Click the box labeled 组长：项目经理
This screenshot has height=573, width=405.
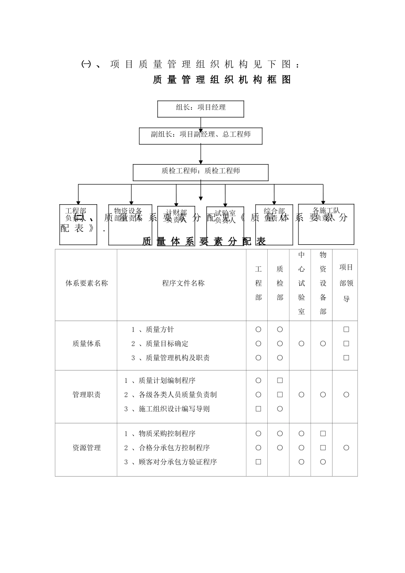click(200, 108)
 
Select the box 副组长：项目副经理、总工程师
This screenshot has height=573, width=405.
click(200, 136)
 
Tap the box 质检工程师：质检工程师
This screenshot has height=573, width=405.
click(200, 172)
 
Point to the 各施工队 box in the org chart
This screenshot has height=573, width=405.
click(326, 224)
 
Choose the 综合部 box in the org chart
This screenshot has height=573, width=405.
click(274, 225)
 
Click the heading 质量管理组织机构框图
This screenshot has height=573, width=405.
click(222, 80)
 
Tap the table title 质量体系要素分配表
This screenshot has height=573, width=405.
click(204, 242)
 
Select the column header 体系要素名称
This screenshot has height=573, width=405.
click(87, 284)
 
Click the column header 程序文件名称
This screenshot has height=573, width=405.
click(183, 284)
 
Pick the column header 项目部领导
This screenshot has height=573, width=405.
click(346, 283)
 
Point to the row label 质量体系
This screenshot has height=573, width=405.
click(87, 344)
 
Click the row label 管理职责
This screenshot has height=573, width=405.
click(87, 395)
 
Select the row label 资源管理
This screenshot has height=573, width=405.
click(87, 448)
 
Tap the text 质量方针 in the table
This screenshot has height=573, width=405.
click(159, 330)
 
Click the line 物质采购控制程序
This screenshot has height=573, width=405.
click(167, 434)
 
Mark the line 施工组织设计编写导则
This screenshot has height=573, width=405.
click(174, 409)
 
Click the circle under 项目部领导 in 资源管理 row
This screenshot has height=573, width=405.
click(346, 448)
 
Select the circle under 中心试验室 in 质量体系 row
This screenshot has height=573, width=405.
click(301, 344)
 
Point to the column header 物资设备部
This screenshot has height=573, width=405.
click(323, 283)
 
